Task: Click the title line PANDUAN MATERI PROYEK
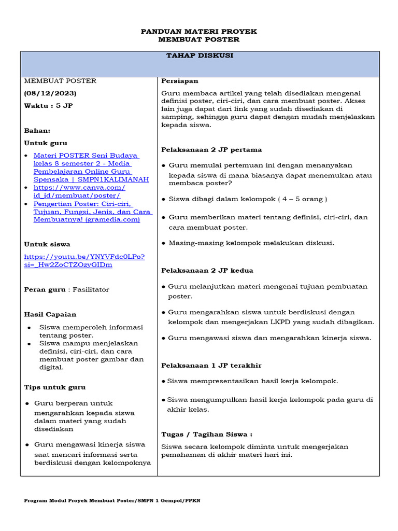pyautogui.click(x=199, y=32)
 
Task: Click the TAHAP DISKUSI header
pyautogui.click(x=200, y=56)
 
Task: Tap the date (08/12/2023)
pyautogui.click(x=50, y=93)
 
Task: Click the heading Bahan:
pyautogui.click(x=37, y=131)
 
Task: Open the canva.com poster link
pyautogui.click(x=79, y=191)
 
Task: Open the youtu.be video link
pyautogui.click(x=84, y=260)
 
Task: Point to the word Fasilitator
pyautogui.click(x=91, y=289)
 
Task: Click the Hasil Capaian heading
pyautogui.click(x=50, y=314)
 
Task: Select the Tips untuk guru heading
pyautogui.click(x=55, y=387)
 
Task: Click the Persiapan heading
pyautogui.click(x=180, y=81)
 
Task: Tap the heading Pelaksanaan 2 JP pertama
pyautogui.click(x=211, y=150)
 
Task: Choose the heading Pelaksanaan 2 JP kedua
pyautogui.click(x=207, y=271)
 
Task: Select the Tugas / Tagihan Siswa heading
pyautogui.click(x=207, y=435)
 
